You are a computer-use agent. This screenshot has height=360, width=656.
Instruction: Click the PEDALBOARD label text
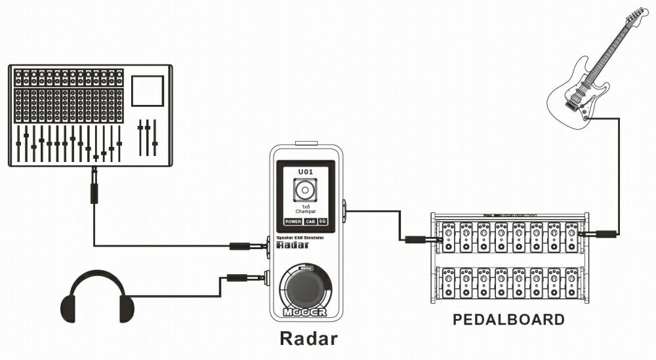click(508, 320)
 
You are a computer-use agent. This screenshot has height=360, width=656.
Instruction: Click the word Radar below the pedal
click(308, 338)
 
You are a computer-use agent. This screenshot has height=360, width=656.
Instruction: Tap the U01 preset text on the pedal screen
click(306, 172)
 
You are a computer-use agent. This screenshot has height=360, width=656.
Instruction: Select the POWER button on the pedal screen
click(293, 222)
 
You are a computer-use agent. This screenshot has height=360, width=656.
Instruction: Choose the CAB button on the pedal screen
click(310, 222)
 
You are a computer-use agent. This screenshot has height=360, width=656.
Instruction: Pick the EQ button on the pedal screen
click(323, 222)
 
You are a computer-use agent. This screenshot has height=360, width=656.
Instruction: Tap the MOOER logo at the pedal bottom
click(305, 312)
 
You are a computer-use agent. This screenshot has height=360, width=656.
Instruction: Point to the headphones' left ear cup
click(68, 309)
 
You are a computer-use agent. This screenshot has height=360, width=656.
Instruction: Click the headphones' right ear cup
click(126, 309)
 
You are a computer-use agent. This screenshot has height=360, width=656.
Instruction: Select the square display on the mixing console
click(147, 90)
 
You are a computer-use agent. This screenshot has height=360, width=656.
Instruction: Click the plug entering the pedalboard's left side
click(419, 239)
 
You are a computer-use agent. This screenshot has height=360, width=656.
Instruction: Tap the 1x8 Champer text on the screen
click(305, 209)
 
